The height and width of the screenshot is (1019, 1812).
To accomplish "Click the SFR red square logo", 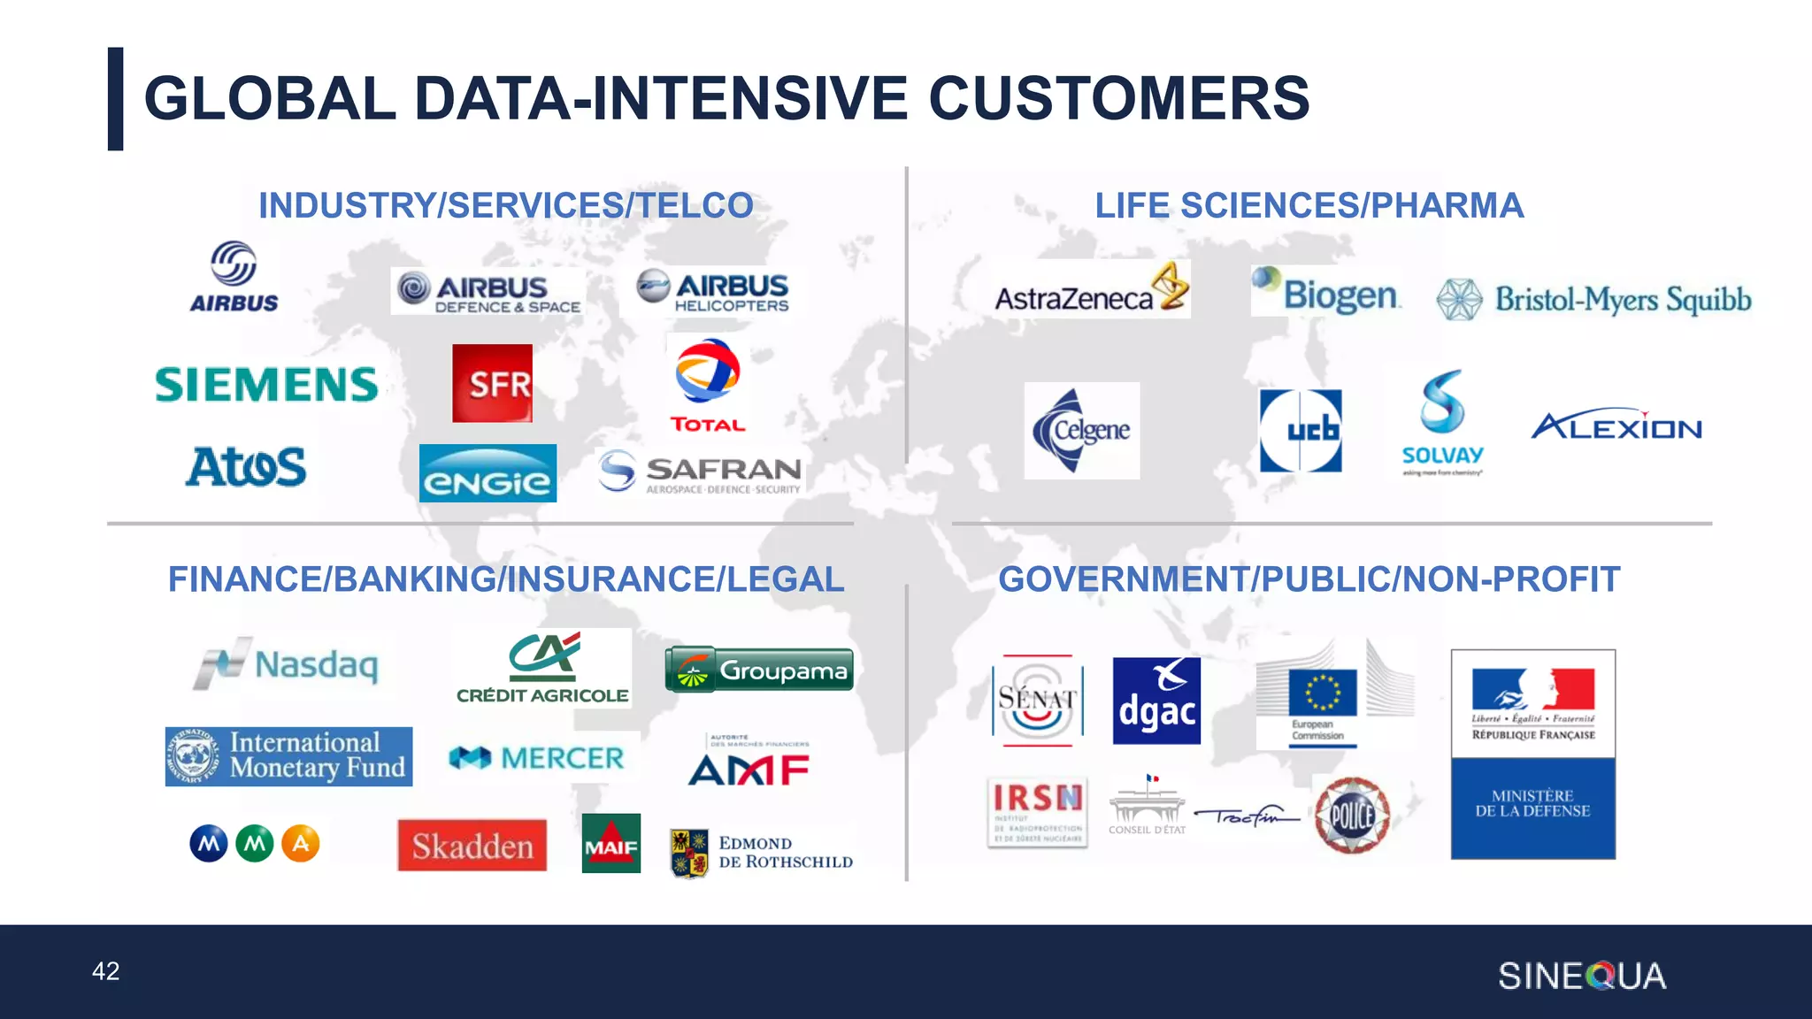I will (x=492, y=383).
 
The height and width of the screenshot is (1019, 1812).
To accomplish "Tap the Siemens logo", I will (x=266, y=385).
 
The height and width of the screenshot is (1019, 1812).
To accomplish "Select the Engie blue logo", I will (x=488, y=474).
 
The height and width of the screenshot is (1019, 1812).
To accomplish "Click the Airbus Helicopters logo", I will (x=713, y=292).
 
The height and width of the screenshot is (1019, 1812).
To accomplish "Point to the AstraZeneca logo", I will (x=1091, y=289).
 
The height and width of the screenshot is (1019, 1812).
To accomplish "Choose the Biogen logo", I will (x=1326, y=291).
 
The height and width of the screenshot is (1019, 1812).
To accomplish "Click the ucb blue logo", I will (x=1301, y=431).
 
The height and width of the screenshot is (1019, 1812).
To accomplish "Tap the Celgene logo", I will (x=1081, y=431).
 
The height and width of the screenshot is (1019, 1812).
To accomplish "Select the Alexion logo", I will (x=1616, y=427).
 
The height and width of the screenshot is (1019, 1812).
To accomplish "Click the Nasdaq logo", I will (x=287, y=664).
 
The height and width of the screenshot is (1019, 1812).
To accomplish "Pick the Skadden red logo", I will (x=472, y=846).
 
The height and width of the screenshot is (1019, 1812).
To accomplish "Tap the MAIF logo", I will (x=610, y=843).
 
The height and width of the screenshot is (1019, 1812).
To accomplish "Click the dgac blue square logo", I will (x=1156, y=701).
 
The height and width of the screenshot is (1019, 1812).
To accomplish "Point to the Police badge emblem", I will (x=1351, y=815).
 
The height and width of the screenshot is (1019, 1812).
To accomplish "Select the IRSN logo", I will (x=1037, y=812).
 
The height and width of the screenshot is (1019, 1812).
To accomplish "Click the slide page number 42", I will (x=106, y=971).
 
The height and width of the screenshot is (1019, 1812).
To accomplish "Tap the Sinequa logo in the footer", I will (x=1582, y=977).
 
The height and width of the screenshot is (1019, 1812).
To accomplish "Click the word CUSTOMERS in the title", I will (x=1118, y=98).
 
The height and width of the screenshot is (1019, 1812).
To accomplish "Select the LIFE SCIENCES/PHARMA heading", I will (x=1309, y=206).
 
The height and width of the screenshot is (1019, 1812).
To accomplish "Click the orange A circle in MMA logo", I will (x=301, y=844).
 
